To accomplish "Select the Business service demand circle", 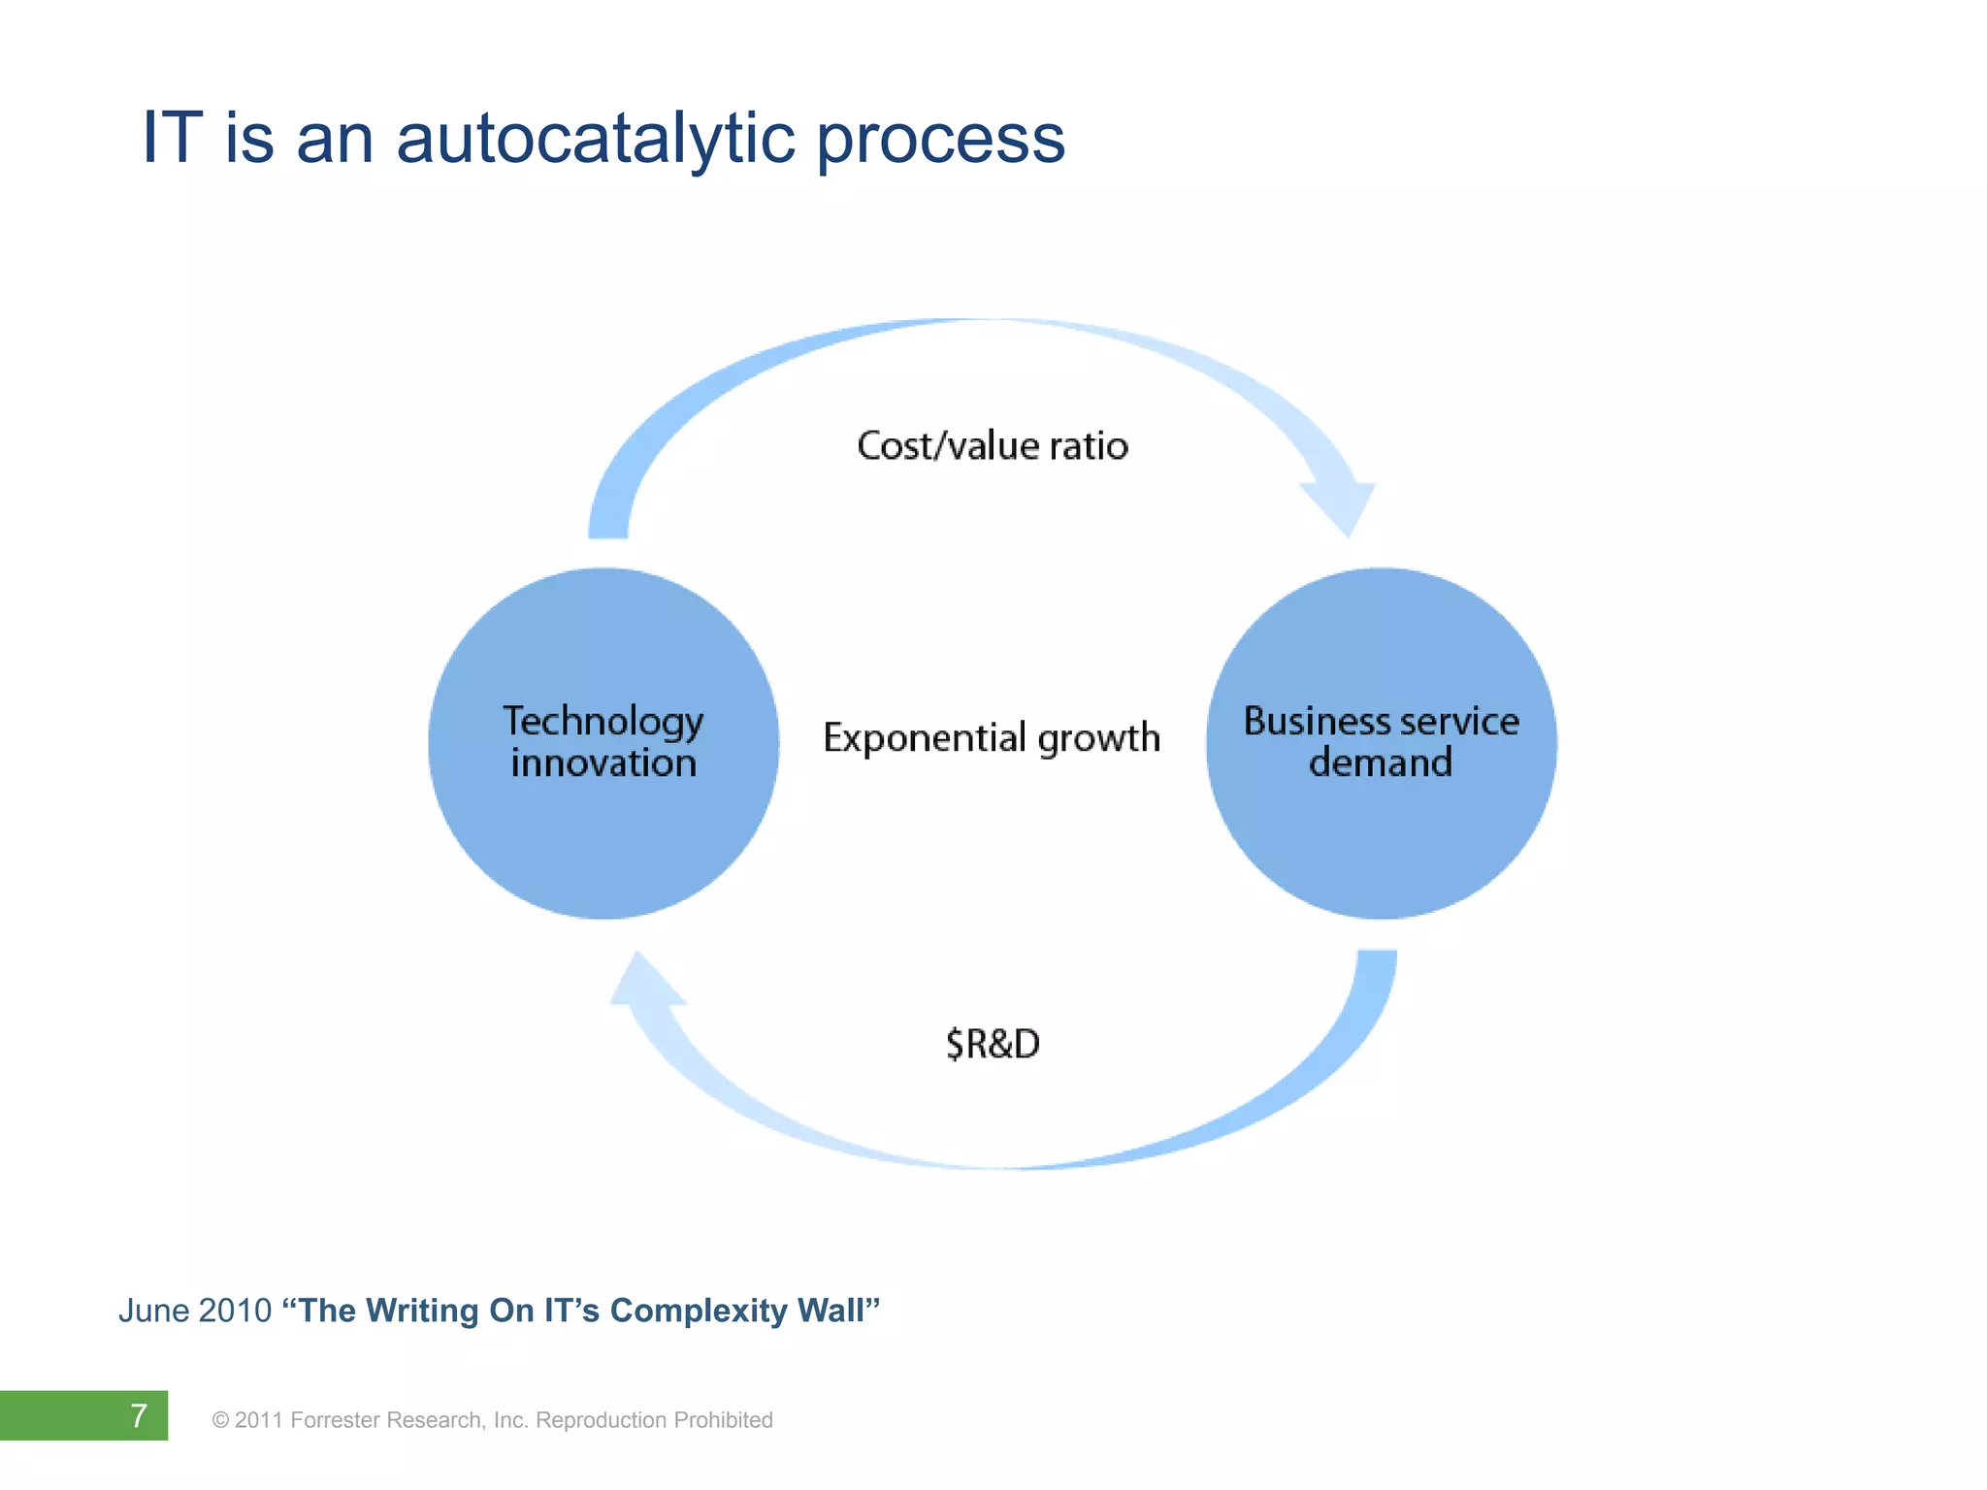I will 1381,834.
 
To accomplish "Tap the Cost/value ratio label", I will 993,446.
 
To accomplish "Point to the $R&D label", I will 993,1044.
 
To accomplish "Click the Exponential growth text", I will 992,738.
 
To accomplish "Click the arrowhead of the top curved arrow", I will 1341,504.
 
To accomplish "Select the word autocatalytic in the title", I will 596,138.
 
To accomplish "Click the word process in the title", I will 940,138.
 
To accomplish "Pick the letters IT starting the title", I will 173,138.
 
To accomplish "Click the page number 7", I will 139,1415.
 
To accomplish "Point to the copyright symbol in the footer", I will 220,1420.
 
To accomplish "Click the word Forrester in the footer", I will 335,1420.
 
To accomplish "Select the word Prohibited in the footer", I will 723,1420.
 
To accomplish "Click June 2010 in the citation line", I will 195,1311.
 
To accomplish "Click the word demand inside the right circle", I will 1381,763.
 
